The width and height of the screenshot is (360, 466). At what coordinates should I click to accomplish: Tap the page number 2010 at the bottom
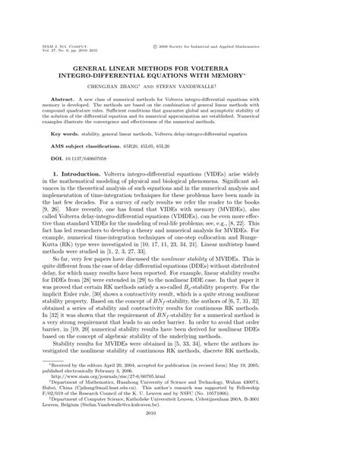tap(180, 447)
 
